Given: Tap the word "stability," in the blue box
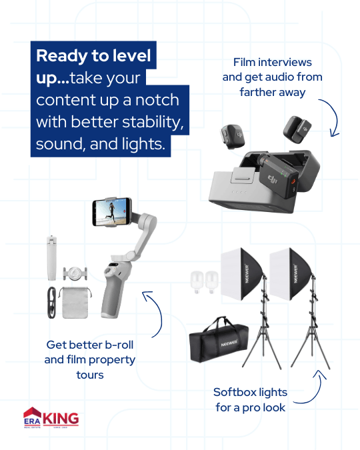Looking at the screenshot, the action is (x=153, y=122).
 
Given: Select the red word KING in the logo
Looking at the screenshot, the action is (x=61, y=419).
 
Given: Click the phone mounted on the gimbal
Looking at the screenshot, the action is (x=112, y=212).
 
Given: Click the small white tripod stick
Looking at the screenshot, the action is (x=52, y=258).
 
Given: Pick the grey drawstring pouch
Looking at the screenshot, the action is (x=75, y=303).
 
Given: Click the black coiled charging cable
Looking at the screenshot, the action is (x=52, y=303).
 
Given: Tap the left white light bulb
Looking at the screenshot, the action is (x=197, y=282).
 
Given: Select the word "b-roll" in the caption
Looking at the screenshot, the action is (x=119, y=345).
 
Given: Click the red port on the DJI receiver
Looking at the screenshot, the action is (x=293, y=181).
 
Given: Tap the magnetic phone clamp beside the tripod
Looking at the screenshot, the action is (x=75, y=273).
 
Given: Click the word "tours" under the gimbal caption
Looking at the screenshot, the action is (x=90, y=375).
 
